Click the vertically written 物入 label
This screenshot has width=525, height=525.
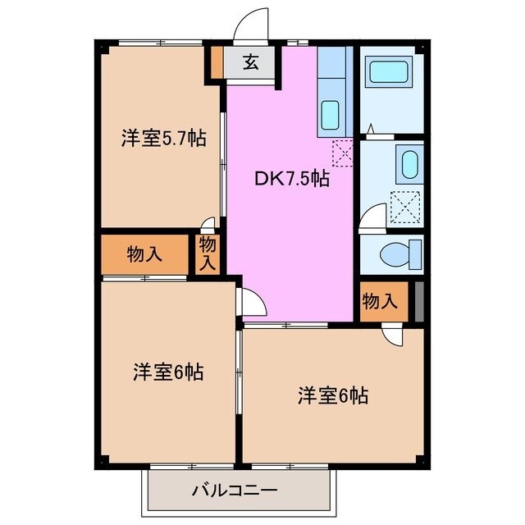[x=208, y=253]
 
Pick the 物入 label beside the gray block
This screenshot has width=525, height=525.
[x=380, y=302]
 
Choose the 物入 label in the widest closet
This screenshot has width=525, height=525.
[x=144, y=254]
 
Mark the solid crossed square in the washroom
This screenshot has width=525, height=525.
[x=406, y=203]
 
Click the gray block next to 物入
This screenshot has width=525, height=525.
[x=418, y=302]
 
